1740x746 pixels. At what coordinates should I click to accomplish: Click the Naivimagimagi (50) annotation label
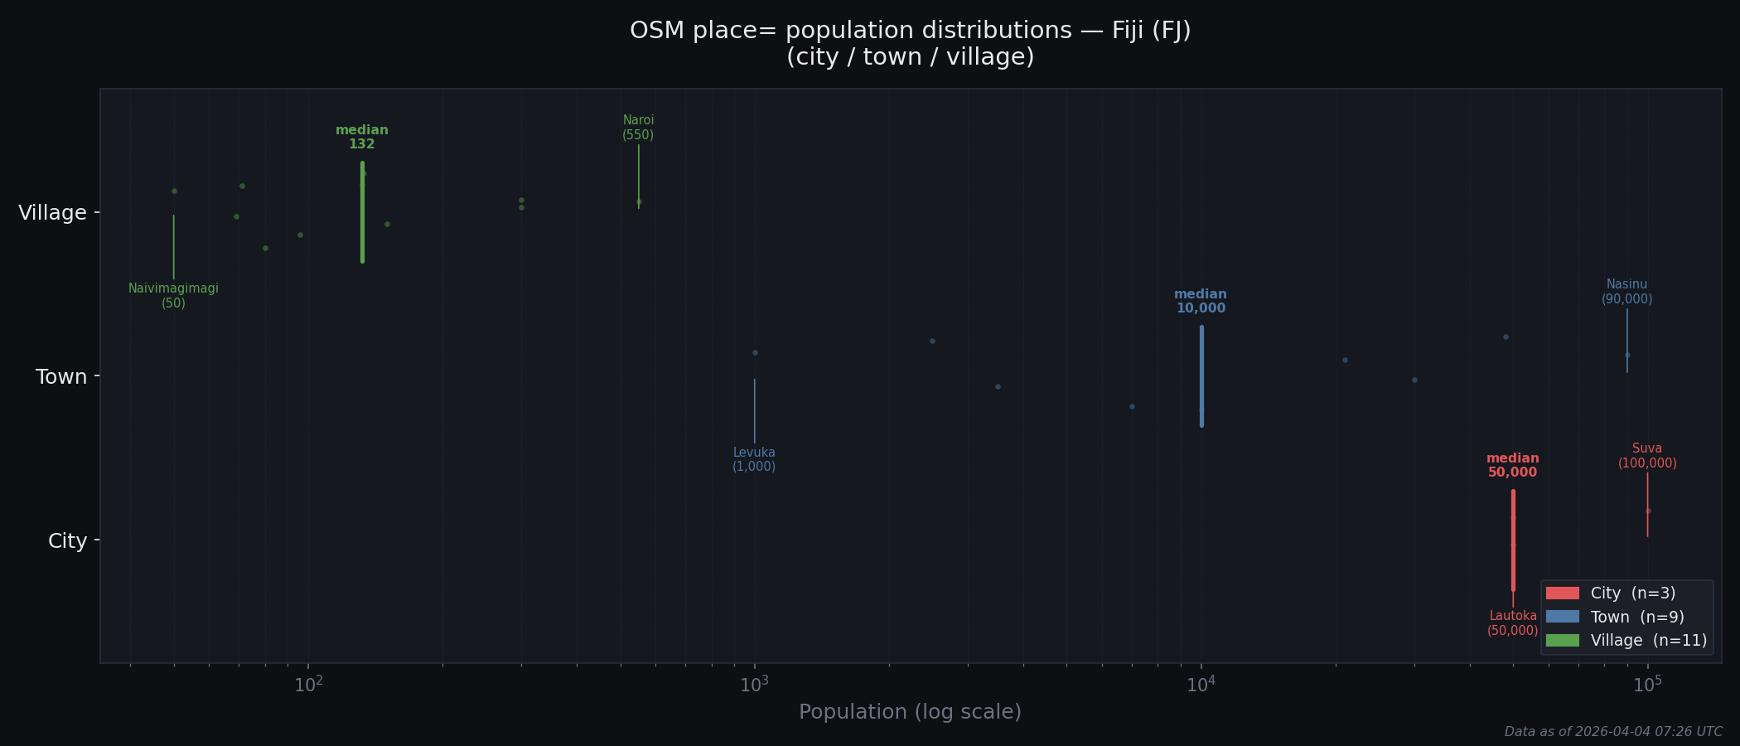173,296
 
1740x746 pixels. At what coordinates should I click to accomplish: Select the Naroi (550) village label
638,128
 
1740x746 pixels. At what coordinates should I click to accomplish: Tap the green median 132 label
361,137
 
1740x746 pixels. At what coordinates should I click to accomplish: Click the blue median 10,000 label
1201,301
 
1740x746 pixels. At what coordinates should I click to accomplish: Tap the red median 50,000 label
1512,465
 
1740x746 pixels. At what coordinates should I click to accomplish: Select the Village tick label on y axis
52,213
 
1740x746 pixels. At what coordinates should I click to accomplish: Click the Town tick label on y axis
61,377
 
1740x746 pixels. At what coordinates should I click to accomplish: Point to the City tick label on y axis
67,541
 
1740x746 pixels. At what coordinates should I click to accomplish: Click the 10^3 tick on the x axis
754,685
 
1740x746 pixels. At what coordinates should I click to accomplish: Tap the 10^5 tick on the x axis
1647,685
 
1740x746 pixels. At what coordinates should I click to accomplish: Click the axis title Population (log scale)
910,712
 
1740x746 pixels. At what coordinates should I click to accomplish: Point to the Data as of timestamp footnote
1612,732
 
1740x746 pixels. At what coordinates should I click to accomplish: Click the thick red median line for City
1513,540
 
